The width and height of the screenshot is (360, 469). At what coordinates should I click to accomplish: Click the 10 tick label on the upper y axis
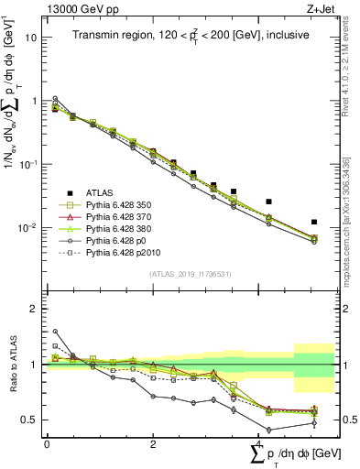[31, 38]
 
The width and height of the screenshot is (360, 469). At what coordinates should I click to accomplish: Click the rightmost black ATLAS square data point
[314, 222]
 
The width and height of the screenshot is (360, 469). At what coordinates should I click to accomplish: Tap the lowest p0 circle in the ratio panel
[268, 430]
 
